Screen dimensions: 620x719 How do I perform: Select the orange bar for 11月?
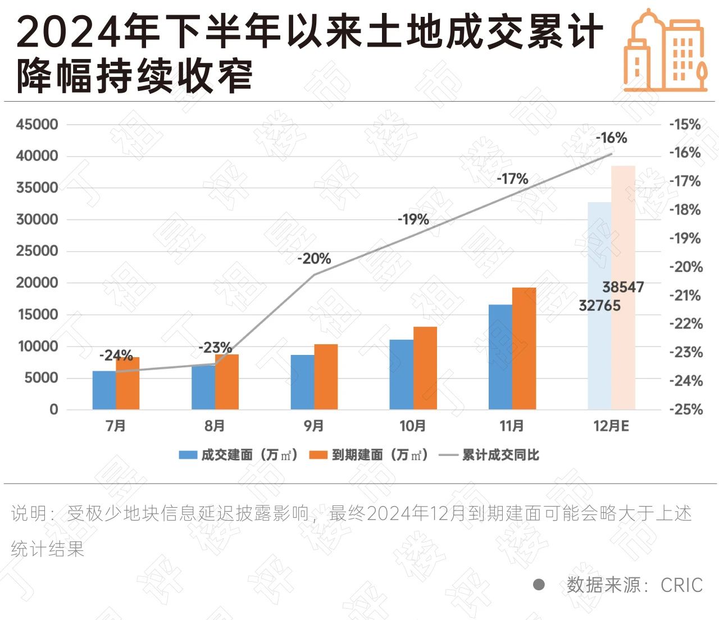coord(524,348)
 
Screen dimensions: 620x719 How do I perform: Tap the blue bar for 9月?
coord(302,382)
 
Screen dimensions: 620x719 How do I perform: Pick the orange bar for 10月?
coord(425,368)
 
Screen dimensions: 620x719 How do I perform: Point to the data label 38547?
coord(623,287)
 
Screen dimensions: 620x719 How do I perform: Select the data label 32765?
coord(599,306)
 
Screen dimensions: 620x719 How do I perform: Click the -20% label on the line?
coord(314,259)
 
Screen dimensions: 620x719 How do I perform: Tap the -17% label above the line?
coord(512,179)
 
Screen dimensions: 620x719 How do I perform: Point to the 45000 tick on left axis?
coord(37,125)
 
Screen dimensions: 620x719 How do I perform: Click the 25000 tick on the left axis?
coord(37,251)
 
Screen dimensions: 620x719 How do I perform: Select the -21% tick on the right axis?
coord(685,295)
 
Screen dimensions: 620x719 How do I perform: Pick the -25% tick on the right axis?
coord(685,409)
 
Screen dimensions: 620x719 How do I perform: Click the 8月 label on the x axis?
coord(215,426)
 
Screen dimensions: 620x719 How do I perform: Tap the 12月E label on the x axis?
coord(611,426)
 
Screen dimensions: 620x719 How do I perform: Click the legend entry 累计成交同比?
coord(500,455)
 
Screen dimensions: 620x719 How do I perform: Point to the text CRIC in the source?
coord(681,585)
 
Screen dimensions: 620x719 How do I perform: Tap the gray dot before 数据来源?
coord(539,585)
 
